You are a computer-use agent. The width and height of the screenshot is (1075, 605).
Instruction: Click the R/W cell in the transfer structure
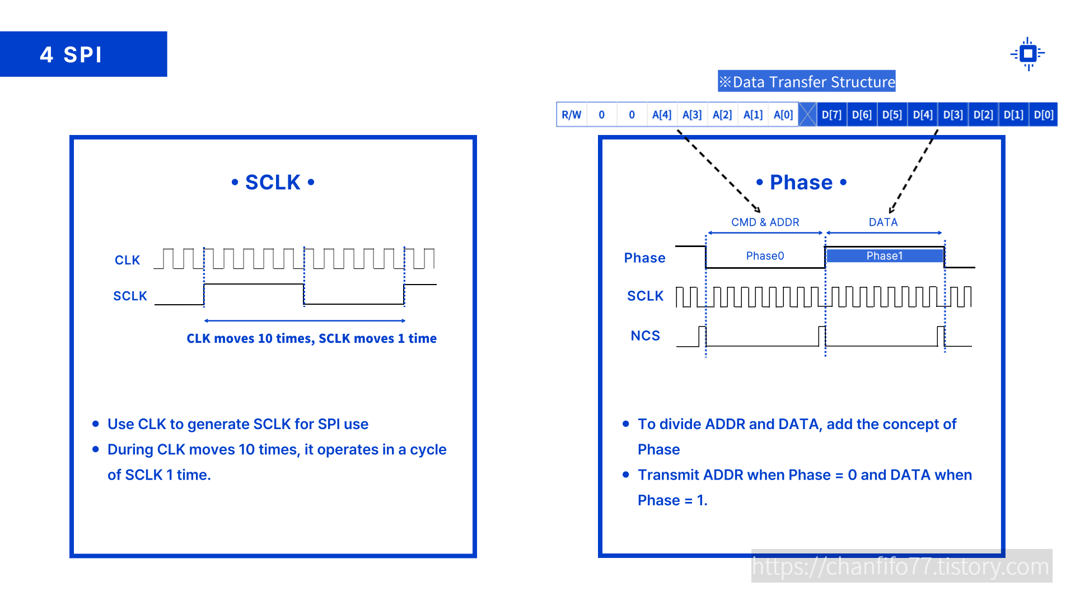(x=571, y=115)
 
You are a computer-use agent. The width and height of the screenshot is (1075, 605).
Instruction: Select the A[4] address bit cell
(x=662, y=115)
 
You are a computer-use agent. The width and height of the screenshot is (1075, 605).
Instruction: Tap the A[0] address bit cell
(x=783, y=115)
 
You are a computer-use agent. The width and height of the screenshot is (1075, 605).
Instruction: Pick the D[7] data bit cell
(x=831, y=115)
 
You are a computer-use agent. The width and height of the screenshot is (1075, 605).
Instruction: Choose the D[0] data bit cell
(x=1044, y=115)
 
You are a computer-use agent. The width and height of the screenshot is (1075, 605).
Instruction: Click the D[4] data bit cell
(x=923, y=115)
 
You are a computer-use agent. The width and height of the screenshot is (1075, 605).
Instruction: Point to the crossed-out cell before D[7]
(x=807, y=115)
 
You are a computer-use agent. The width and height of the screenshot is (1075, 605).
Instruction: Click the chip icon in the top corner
(x=1027, y=54)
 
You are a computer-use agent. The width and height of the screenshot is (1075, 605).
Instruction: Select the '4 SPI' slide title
(x=72, y=54)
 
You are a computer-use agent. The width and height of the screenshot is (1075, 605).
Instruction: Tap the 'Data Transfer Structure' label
(x=807, y=82)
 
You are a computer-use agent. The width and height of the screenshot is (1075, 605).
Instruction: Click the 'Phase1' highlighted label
(x=885, y=256)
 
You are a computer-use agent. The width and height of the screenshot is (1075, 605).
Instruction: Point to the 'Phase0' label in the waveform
(x=765, y=256)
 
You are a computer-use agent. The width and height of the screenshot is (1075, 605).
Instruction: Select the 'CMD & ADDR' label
(x=765, y=222)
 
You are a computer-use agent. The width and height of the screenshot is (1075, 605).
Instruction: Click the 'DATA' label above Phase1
(x=883, y=222)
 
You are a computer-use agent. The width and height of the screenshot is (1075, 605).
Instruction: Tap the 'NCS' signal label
(x=645, y=336)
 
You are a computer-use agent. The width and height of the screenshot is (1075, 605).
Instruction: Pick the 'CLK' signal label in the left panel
(x=127, y=260)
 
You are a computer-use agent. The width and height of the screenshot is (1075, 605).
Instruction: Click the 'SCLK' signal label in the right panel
(x=645, y=296)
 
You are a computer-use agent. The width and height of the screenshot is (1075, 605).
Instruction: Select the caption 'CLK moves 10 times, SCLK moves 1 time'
(x=311, y=338)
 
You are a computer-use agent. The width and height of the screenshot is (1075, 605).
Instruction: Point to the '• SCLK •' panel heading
(x=273, y=183)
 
